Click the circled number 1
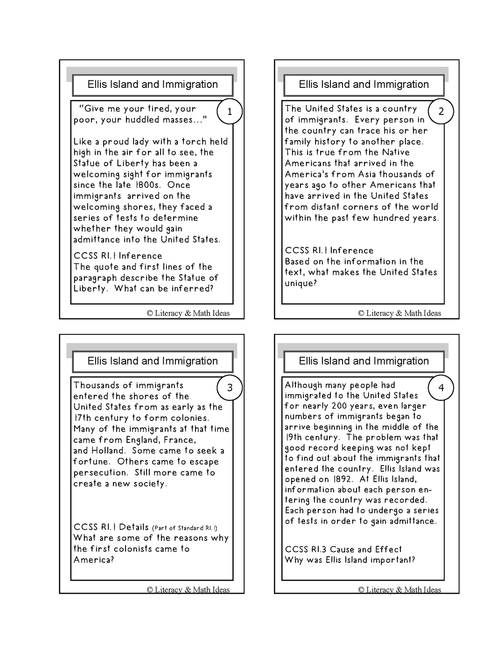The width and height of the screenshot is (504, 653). tap(230, 112)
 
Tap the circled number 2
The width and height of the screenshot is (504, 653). tap(441, 112)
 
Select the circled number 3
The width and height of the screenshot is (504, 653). tap(230, 388)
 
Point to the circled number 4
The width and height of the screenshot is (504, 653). tap(441, 388)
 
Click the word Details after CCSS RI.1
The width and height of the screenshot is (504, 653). tap(134, 527)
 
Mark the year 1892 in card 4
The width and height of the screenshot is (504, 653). tap(343, 479)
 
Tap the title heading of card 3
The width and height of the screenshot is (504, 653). tap(153, 361)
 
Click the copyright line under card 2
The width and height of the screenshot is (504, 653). tap(399, 313)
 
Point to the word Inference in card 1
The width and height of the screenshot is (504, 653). tap(140, 256)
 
